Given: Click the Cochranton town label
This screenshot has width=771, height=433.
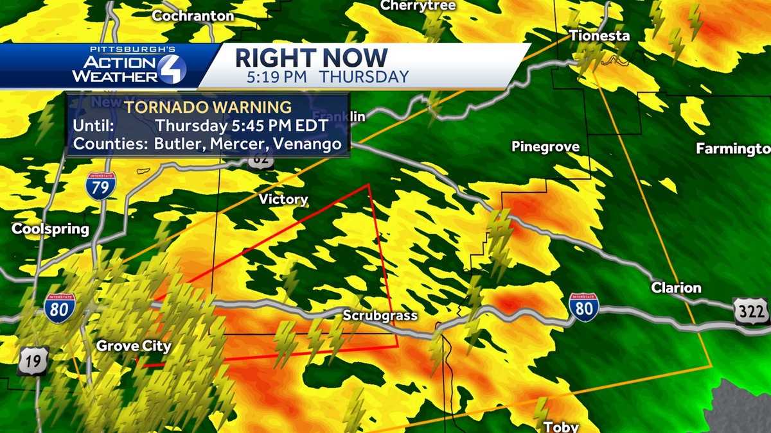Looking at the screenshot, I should [x=193, y=16].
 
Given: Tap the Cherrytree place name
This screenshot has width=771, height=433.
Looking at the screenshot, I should [x=418, y=6].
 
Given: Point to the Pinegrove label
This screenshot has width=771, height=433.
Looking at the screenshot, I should [x=545, y=147].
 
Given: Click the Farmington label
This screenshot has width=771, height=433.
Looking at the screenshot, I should [x=733, y=149].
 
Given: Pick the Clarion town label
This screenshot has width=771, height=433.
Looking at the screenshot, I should [x=676, y=287].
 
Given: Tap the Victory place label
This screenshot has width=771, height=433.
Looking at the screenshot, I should [x=283, y=200].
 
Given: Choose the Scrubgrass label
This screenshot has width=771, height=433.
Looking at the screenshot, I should [x=380, y=316].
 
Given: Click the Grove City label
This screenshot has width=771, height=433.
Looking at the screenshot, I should [x=134, y=346].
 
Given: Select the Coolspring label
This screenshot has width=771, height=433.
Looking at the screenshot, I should [x=50, y=229].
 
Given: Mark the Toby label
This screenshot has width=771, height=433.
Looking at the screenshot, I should [x=561, y=427].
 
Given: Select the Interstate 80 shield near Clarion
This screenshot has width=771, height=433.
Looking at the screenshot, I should [x=583, y=307].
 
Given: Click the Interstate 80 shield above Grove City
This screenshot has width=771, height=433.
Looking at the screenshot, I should [x=60, y=307].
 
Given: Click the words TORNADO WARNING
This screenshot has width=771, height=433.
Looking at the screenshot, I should [x=208, y=106].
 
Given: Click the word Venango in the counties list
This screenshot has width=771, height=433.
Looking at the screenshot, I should [x=307, y=144].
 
